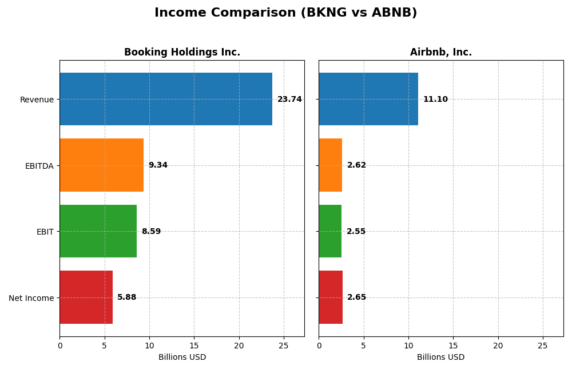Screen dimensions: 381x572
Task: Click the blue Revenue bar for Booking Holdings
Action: point(166,99)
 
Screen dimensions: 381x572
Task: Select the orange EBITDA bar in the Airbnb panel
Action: point(330,165)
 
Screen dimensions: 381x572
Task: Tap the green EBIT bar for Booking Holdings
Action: point(98,231)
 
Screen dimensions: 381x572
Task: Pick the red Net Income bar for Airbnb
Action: point(331,297)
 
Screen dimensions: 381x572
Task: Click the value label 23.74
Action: point(289,100)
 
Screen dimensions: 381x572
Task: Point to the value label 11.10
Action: point(435,100)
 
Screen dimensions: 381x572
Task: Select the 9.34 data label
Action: point(158,165)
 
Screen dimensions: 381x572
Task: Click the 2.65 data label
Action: point(356,297)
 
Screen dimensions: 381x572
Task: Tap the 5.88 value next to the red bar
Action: point(127,297)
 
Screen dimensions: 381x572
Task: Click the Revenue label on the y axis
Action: point(37,100)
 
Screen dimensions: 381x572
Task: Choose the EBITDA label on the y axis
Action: point(39,166)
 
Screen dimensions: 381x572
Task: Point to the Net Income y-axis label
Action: point(31,298)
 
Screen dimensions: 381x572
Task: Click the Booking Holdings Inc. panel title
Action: point(182,53)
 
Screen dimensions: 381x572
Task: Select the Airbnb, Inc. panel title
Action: point(441,53)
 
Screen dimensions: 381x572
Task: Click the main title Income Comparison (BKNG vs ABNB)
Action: point(285,13)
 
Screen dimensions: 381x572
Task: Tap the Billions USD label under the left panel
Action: point(182,358)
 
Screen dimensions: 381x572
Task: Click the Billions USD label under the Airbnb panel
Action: point(441,358)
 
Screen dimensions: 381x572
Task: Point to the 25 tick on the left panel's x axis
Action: point(284,346)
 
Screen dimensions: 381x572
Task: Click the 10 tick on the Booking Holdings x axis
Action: point(149,346)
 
